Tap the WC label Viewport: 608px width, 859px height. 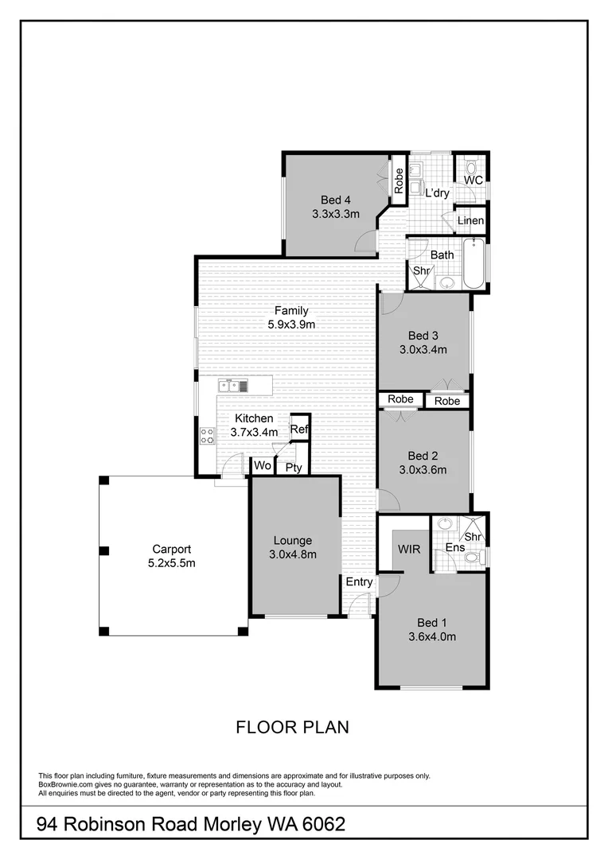pos(473,181)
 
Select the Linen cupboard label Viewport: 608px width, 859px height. pos(470,220)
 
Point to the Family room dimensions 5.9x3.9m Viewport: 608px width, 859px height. pos(290,324)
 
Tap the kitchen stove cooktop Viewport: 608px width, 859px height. pos(206,435)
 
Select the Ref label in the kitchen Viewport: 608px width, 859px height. pos(298,429)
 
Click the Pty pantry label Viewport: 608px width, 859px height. pos(294,468)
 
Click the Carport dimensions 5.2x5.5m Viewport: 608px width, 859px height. pos(171,562)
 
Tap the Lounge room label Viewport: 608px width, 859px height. pos(294,541)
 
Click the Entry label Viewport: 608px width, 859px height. pos(359,582)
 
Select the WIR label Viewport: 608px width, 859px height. pos(407,549)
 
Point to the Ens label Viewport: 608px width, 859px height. pos(455,548)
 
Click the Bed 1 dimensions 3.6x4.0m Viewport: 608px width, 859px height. pos(432,636)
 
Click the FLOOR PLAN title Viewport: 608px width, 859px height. pos(293,727)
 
